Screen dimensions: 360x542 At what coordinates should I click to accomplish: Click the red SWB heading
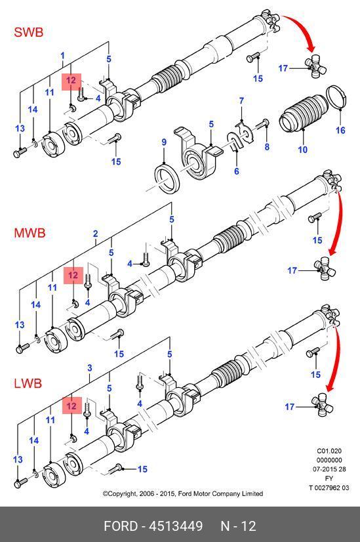[29, 32]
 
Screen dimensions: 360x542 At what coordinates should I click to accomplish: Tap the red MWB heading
[30, 233]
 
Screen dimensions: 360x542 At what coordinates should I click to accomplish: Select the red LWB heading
[28, 383]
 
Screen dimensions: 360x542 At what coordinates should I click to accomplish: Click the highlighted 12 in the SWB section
[71, 81]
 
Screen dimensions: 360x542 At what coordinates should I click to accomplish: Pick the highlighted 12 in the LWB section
[72, 405]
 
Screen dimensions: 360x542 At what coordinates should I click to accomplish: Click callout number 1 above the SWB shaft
[62, 55]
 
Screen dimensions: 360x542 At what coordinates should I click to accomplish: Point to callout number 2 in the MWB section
[95, 234]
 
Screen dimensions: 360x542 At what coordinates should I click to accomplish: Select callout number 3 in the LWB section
[89, 367]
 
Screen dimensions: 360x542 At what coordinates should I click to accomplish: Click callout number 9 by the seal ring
[164, 142]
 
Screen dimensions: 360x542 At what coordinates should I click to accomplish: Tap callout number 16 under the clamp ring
[340, 130]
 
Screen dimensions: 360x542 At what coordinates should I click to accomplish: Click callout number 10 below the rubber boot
[303, 150]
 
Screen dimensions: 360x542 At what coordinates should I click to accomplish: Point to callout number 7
[241, 100]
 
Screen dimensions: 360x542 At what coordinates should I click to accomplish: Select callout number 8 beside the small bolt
[267, 146]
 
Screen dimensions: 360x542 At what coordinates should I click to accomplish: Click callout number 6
[236, 171]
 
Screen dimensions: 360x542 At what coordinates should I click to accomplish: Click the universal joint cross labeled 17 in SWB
[315, 68]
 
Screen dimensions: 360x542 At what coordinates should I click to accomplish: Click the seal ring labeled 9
[167, 178]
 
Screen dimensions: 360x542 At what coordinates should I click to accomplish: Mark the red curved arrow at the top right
[301, 30]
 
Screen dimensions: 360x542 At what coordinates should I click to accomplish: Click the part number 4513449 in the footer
[176, 526]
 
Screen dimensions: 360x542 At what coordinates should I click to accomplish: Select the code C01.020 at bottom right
[329, 451]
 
